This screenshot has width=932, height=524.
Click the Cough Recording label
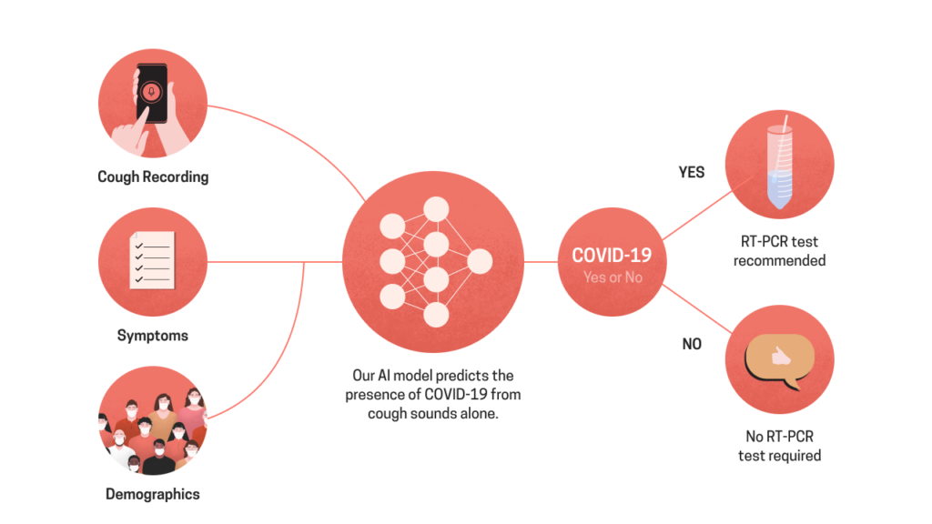click(x=153, y=177)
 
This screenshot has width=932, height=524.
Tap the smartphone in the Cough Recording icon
click(x=152, y=94)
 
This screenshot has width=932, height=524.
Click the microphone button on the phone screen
click(x=152, y=92)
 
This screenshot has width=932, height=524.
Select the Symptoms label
click(x=153, y=336)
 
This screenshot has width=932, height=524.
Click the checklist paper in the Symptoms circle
click(x=152, y=260)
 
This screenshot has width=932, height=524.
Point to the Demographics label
click(x=153, y=494)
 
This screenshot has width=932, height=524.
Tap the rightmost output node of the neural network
click(x=480, y=261)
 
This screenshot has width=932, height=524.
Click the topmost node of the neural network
click(x=436, y=209)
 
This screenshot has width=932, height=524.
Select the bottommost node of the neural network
click(x=436, y=315)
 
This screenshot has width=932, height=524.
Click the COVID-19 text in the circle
click(x=612, y=256)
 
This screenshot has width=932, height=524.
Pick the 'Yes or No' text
click(x=613, y=277)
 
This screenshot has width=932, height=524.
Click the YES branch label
click(x=692, y=172)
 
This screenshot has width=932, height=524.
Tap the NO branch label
click(x=692, y=344)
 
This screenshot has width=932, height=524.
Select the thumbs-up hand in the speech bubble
click(x=780, y=357)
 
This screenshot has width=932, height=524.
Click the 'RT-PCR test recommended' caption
click(x=779, y=251)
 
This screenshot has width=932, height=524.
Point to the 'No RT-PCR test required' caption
click(x=779, y=446)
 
